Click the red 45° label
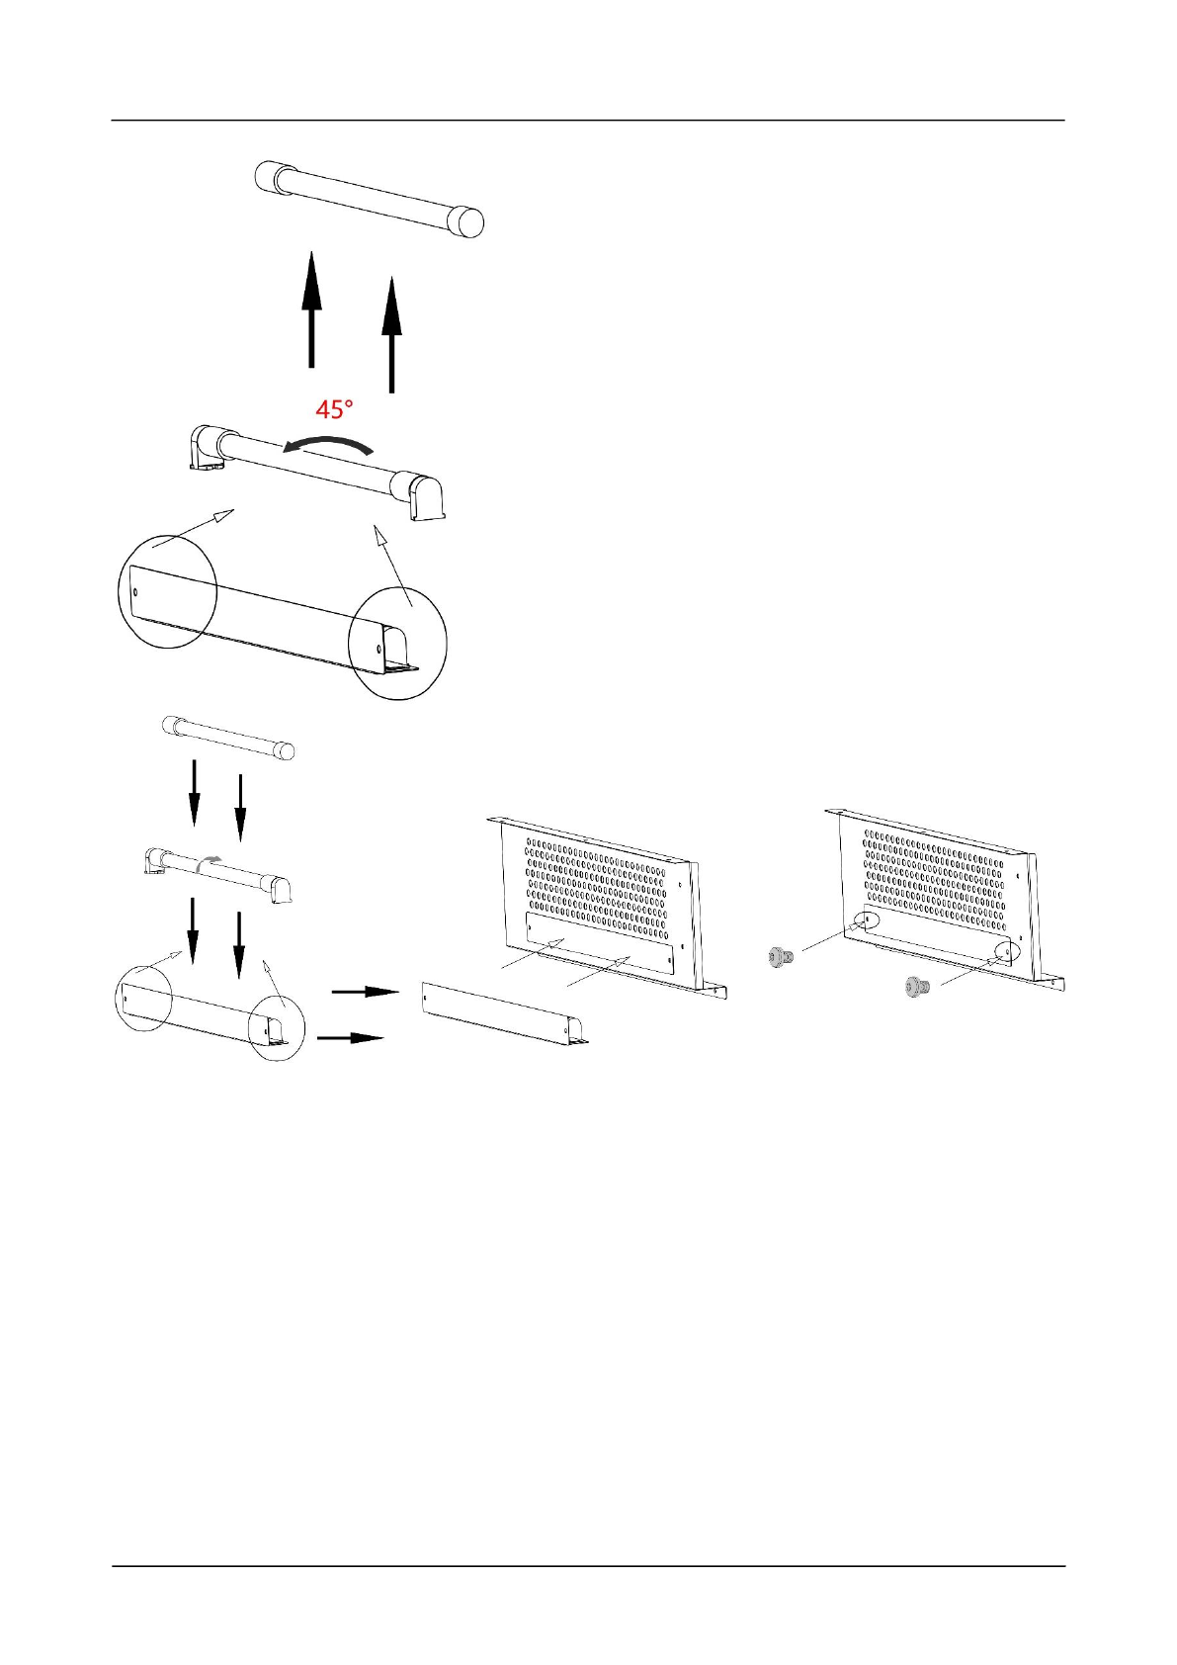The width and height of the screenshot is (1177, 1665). pyautogui.click(x=334, y=408)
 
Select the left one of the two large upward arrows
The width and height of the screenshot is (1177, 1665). pyautogui.click(x=311, y=308)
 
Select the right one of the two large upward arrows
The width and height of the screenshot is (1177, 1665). pyautogui.click(x=392, y=333)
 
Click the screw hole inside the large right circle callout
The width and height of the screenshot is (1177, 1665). pyautogui.click(x=380, y=650)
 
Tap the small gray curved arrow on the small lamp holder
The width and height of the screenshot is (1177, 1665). pyautogui.click(x=207, y=861)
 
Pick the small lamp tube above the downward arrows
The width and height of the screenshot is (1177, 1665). pyautogui.click(x=227, y=738)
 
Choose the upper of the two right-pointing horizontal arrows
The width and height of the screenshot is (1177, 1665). pyautogui.click(x=365, y=991)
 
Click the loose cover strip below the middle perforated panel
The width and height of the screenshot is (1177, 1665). pyautogui.click(x=504, y=1013)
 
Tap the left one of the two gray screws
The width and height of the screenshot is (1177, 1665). pyautogui.click(x=780, y=955)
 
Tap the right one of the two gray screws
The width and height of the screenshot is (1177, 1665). pyautogui.click(x=917, y=985)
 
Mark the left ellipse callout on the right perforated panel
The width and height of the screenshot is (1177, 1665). pyautogui.click(x=863, y=920)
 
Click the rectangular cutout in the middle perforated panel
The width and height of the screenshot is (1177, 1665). pyautogui.click(x=598, y=943)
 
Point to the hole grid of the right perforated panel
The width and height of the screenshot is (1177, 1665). pyautogui.click(x=934, y=870)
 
